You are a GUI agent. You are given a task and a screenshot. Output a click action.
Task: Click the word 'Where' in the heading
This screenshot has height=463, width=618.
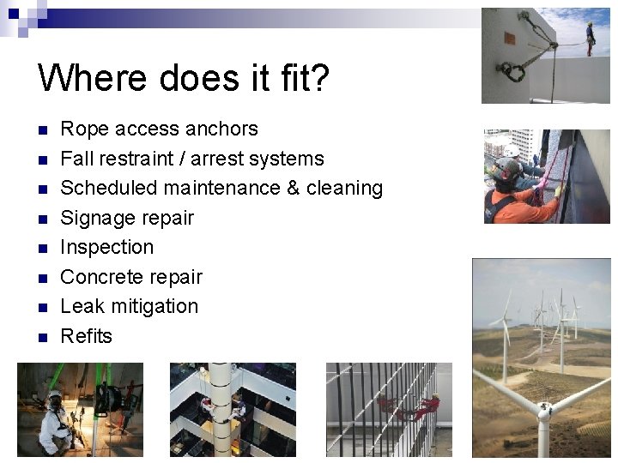click(x=81, y=77)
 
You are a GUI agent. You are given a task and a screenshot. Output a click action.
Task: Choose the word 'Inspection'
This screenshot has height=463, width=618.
click(x=107, y=247)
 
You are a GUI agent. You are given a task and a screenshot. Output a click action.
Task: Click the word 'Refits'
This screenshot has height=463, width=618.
click(x=86, y=336)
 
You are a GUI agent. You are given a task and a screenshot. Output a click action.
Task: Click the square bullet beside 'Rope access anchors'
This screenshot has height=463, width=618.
click(x=40, y=129)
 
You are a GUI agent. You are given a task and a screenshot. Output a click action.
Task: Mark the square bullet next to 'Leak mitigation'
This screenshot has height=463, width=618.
click(x=40, y=307)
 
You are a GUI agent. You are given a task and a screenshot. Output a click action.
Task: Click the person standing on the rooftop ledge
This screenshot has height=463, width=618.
click(x=590, y=38)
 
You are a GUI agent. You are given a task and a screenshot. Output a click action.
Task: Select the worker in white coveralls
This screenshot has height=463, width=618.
click(x=57, y=422)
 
